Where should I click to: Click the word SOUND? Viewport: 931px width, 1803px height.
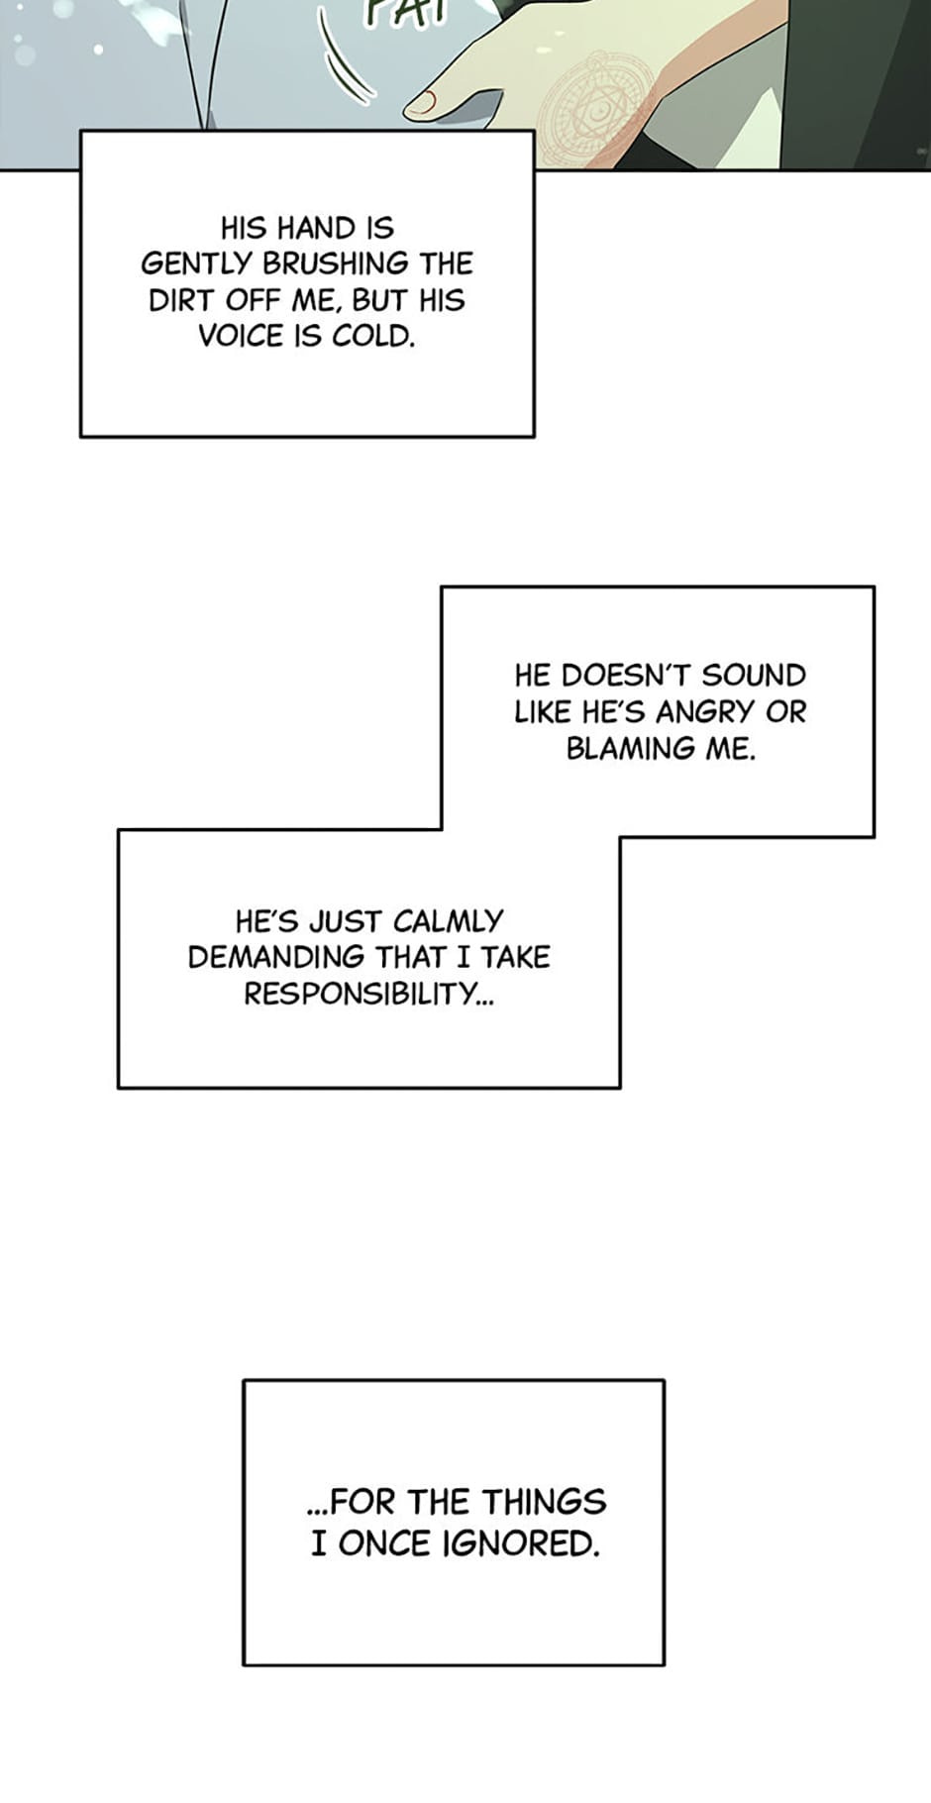point(754,676)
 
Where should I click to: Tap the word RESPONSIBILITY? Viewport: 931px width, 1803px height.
point(368,994)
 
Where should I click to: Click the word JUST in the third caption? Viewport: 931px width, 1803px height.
point(346,921)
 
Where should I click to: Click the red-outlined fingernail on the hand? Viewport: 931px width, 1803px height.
point(425,100)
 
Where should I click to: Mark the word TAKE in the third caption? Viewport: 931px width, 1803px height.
point(515,957)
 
